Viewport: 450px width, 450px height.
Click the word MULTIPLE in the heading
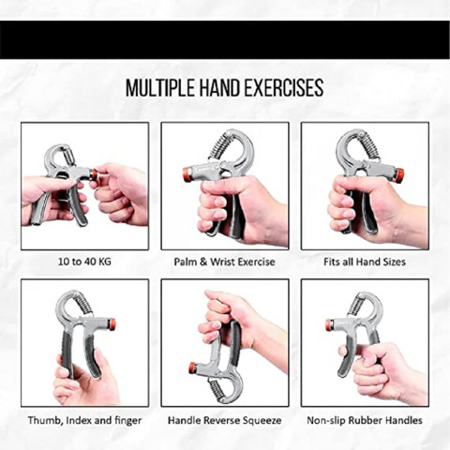tap(160, 88)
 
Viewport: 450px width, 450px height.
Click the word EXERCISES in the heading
tap(283, 88)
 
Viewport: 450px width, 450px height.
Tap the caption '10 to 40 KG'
tap(84, 262)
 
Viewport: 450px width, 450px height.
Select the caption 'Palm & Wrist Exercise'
tap(224, 262)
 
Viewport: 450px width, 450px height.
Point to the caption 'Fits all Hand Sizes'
tap(365, 262)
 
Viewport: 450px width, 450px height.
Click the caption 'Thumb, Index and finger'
tap(84, 420)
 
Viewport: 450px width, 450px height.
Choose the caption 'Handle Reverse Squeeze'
tap(224, 420)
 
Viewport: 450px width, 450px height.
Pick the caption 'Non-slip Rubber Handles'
tap(365, 420)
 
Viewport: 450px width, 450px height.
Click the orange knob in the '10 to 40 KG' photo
tap(93, 174)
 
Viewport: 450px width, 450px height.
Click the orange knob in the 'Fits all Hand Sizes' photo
tap(399, 175)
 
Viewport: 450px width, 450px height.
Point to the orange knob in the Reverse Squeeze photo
tap(192, 367)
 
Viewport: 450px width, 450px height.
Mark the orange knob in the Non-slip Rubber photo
tap(329, 325)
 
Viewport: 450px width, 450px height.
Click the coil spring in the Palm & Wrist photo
tap(219, 146)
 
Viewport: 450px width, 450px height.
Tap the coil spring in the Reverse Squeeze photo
tap(217, 388)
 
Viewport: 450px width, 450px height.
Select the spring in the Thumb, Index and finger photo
tap(83, 304)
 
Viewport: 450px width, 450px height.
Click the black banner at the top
tap(225, 39)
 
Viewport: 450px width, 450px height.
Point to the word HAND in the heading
tap(219, 88)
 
